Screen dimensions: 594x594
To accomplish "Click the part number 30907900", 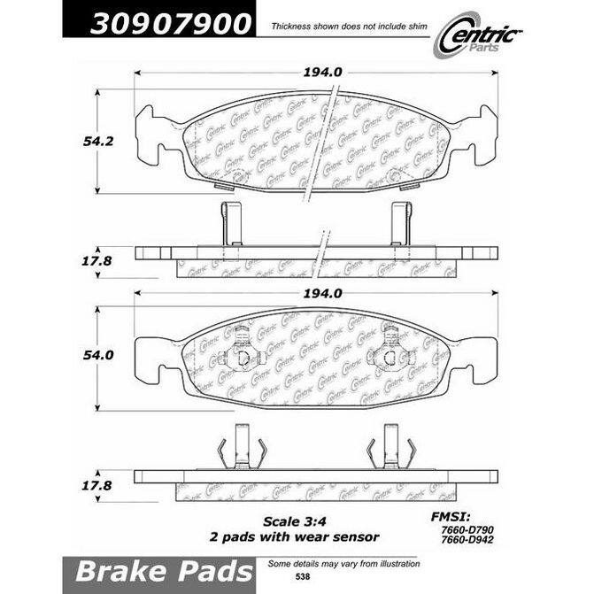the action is pyautogui.click(x=171, y=24).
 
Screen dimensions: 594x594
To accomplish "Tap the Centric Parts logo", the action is pyautogui.click(x=478, y=35).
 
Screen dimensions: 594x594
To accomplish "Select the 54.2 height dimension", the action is pyautogui.click(x=98, y=142).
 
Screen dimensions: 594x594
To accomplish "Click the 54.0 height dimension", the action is pyautogui.click(x=98, y=355).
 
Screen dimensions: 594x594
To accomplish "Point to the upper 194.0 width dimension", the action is pyautogui.click(x=322, y=72).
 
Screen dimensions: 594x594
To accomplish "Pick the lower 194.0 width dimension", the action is pyautogui.click(x=322, y=293).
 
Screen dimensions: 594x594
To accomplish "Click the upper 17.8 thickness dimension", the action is pyautogui.click(x=97, y=261).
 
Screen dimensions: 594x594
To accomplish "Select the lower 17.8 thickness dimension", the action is pyautogui.click(x=97, y=485).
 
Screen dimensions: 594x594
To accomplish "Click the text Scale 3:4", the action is pyautogui.click(x=295, y=521).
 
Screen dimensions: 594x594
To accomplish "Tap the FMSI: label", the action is pyautogui.click(x=451, y=517).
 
